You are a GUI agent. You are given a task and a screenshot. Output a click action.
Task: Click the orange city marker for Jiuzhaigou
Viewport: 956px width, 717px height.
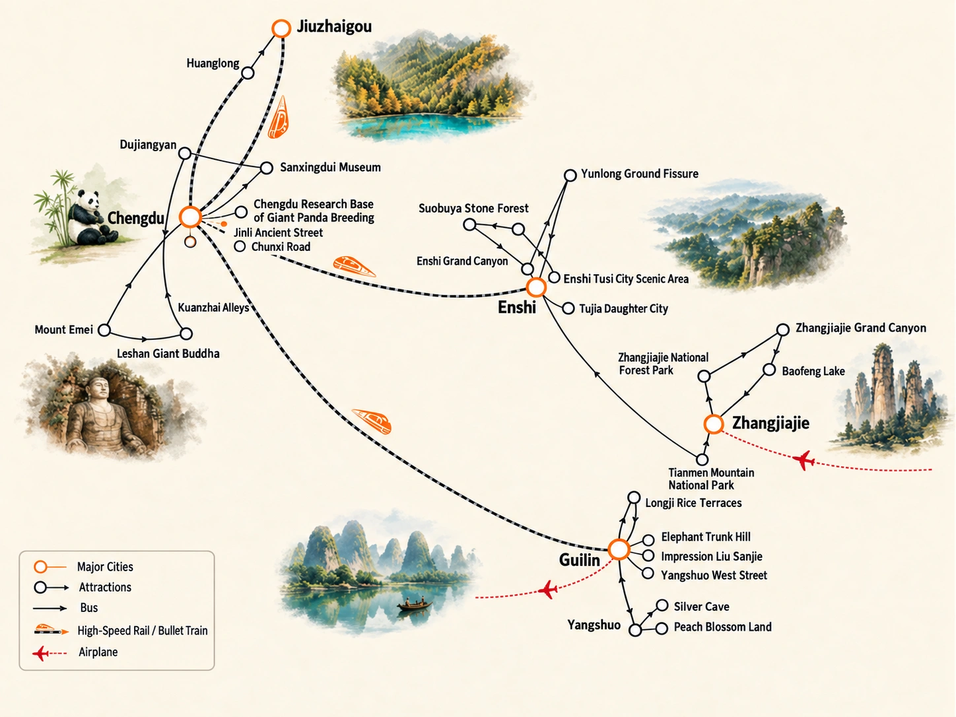pyautogui.click(x=281, y=28)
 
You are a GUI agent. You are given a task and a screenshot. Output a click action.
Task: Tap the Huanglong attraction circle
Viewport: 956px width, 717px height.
pyautogui.click(x=248, y=73)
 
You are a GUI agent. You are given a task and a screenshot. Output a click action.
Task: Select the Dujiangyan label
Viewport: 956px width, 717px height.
pyautogui.click(x=148, y=145)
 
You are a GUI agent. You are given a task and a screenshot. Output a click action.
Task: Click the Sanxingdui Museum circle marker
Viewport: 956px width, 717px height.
pyautogui.click(x=267, y=168)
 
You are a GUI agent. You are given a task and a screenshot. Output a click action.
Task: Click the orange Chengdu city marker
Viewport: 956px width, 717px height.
pyautogui.click(x=190, y=217)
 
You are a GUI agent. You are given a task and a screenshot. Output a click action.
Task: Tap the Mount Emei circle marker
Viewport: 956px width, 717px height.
pyautogui.click(x=104, y=330)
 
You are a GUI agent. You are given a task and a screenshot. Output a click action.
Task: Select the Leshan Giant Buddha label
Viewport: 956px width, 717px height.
pyautogui.click(x=168, y=353)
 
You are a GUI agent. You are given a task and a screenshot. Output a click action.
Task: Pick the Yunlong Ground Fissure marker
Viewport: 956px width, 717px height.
pyautogui.click(x=570, y=175)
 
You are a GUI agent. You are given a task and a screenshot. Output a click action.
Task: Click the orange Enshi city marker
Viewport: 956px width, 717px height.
pyautogui.click(x=536, y=287)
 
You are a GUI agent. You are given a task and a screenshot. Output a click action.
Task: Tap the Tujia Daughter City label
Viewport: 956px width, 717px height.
pyautogui.click(x=623, y=309)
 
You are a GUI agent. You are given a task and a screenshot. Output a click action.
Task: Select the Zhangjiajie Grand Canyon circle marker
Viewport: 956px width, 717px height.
pyautogui.click(x=782, y=329)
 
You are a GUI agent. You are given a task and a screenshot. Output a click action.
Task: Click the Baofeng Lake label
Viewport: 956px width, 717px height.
pyautogui.click(x=813, y=371)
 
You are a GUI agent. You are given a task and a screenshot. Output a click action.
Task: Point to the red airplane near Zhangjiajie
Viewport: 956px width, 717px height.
pyautogui.click(x=804, y=460)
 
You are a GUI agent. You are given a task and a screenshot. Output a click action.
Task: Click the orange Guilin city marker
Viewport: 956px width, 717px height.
pyautogui.click(x=619, y=549)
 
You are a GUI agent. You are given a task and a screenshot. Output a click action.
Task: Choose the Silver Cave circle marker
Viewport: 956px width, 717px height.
pyautogui.click(x=662, y=605)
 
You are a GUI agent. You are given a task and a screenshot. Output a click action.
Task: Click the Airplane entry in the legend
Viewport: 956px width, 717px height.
pyautogui.click(x=98, y=652)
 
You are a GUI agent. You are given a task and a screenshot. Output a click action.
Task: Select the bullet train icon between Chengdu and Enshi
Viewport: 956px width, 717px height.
pyautogui.click(x=354, y=267)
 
